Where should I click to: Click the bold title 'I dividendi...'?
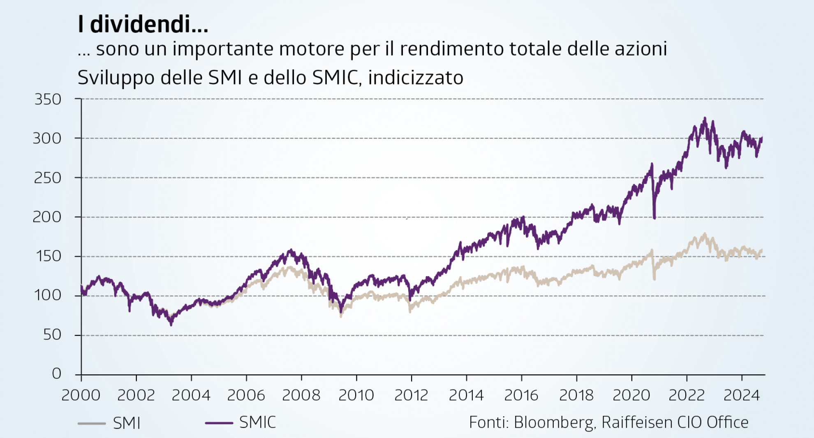click(x=143, y=24)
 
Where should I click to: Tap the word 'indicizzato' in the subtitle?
click(x=416, y=78)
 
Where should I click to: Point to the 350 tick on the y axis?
click(x=48, y=99)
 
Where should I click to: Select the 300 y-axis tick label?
click(x=47, y=138)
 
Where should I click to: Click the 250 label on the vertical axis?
click(x=48, y=178)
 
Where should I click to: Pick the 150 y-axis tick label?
click(x=49, y=256)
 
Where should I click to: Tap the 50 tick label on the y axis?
click(x=52, y=335)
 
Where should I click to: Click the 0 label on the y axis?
click(x=57, y=373)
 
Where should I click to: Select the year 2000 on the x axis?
click(x=81, y=395)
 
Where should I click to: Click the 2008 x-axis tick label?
click(x=301, y=395)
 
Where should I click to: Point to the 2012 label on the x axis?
click(x=411, y=395)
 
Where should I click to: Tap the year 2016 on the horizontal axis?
click(x=521, y=395)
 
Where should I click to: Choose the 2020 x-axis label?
click(x=631, y=395)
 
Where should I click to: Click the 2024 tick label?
click(x=742, y=395)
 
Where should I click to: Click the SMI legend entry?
click(x=126, y=423)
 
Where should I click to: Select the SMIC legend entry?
click(x=257, y=422)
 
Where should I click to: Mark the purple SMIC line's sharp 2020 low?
click(x=654, y=218)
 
